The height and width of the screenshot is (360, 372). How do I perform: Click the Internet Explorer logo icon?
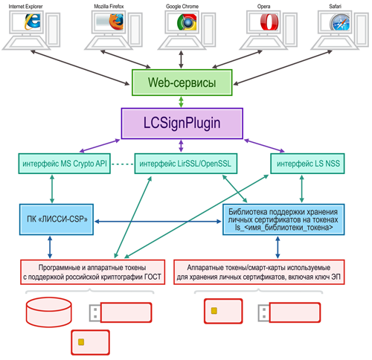click(32, 22)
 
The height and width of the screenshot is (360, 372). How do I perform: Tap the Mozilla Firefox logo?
click(116, 22)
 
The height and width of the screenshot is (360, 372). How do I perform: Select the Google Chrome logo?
click(187, 22)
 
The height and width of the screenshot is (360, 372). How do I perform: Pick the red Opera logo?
click(269, 22)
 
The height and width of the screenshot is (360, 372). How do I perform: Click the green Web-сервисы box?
click(182, 83)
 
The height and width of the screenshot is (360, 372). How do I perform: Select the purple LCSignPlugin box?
click(182, 123)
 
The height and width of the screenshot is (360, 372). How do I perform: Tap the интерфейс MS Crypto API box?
click(65, 164)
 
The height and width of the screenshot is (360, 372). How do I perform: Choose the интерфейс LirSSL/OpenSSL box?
click(186, 164)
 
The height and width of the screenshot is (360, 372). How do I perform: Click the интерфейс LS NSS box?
click(307, 164)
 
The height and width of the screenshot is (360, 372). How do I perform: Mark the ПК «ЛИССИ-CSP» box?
click(57, 219)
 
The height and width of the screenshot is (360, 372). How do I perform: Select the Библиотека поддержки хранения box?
click(283, 219)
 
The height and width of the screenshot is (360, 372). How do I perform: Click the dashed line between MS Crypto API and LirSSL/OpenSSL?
click(123, 164)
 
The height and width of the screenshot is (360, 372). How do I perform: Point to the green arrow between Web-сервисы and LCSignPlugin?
click(182, 102)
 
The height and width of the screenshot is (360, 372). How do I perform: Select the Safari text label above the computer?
click(335, 6)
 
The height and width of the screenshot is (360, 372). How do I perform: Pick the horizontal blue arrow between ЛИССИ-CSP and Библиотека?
click(158, 222)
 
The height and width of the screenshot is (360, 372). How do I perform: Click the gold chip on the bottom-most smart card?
click(81, 342)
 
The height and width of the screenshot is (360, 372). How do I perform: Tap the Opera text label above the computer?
click(263, 7)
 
